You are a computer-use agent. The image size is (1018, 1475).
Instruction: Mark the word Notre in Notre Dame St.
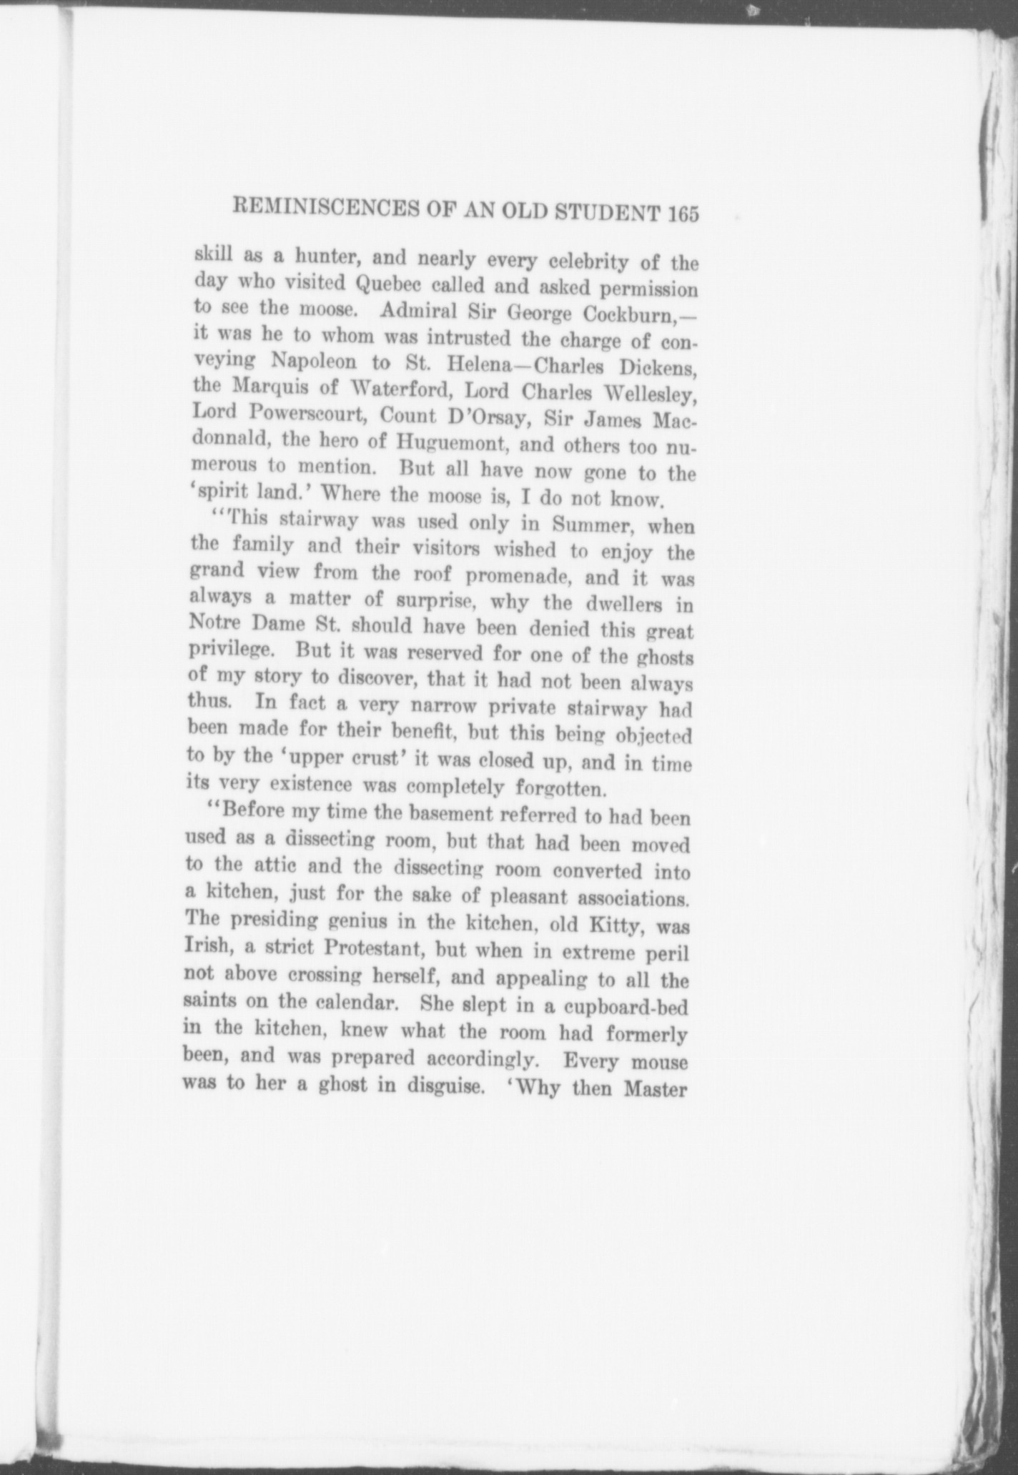[214, 621]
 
